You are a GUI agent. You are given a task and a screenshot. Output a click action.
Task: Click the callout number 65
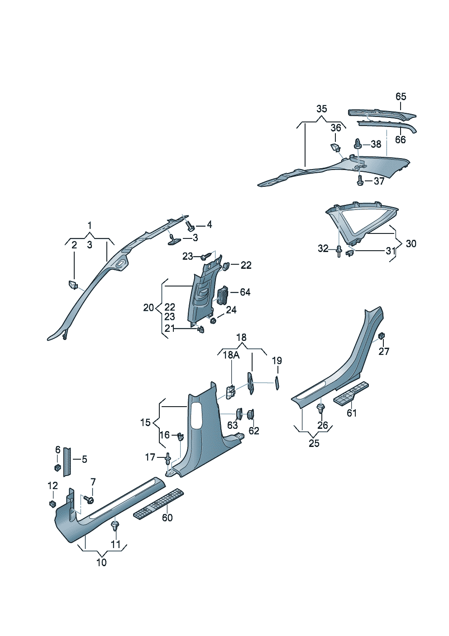click(x=401, y=97)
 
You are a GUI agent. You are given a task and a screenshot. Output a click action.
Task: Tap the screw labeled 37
click(x=360, y=181)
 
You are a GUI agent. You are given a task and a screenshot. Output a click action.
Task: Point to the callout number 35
click(x=321, y=109)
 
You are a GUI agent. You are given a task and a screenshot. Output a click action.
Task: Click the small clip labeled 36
click(x=334, y=147)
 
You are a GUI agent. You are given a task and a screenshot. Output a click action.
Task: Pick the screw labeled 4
click(x=191, y=224)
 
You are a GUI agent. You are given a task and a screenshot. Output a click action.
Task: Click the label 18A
click(x=231, y=355)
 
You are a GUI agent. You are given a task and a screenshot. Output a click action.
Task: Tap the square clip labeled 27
click(x=382, y=336)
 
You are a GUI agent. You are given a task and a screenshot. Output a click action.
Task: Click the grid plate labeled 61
click(x=351, y=394)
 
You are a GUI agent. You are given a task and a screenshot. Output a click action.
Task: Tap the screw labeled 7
click(x=89, y=500)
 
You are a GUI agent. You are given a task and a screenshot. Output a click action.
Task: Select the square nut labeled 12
click(x=53, y=503)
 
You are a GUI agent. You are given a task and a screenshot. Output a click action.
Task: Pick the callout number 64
click(x=245, y=292)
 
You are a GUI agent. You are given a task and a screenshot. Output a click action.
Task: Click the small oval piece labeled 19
click(x=277, y=382)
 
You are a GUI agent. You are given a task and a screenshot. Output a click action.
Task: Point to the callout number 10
click(x=102, y=563)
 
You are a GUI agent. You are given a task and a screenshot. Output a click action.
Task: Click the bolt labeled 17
click(x=168, y=459)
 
